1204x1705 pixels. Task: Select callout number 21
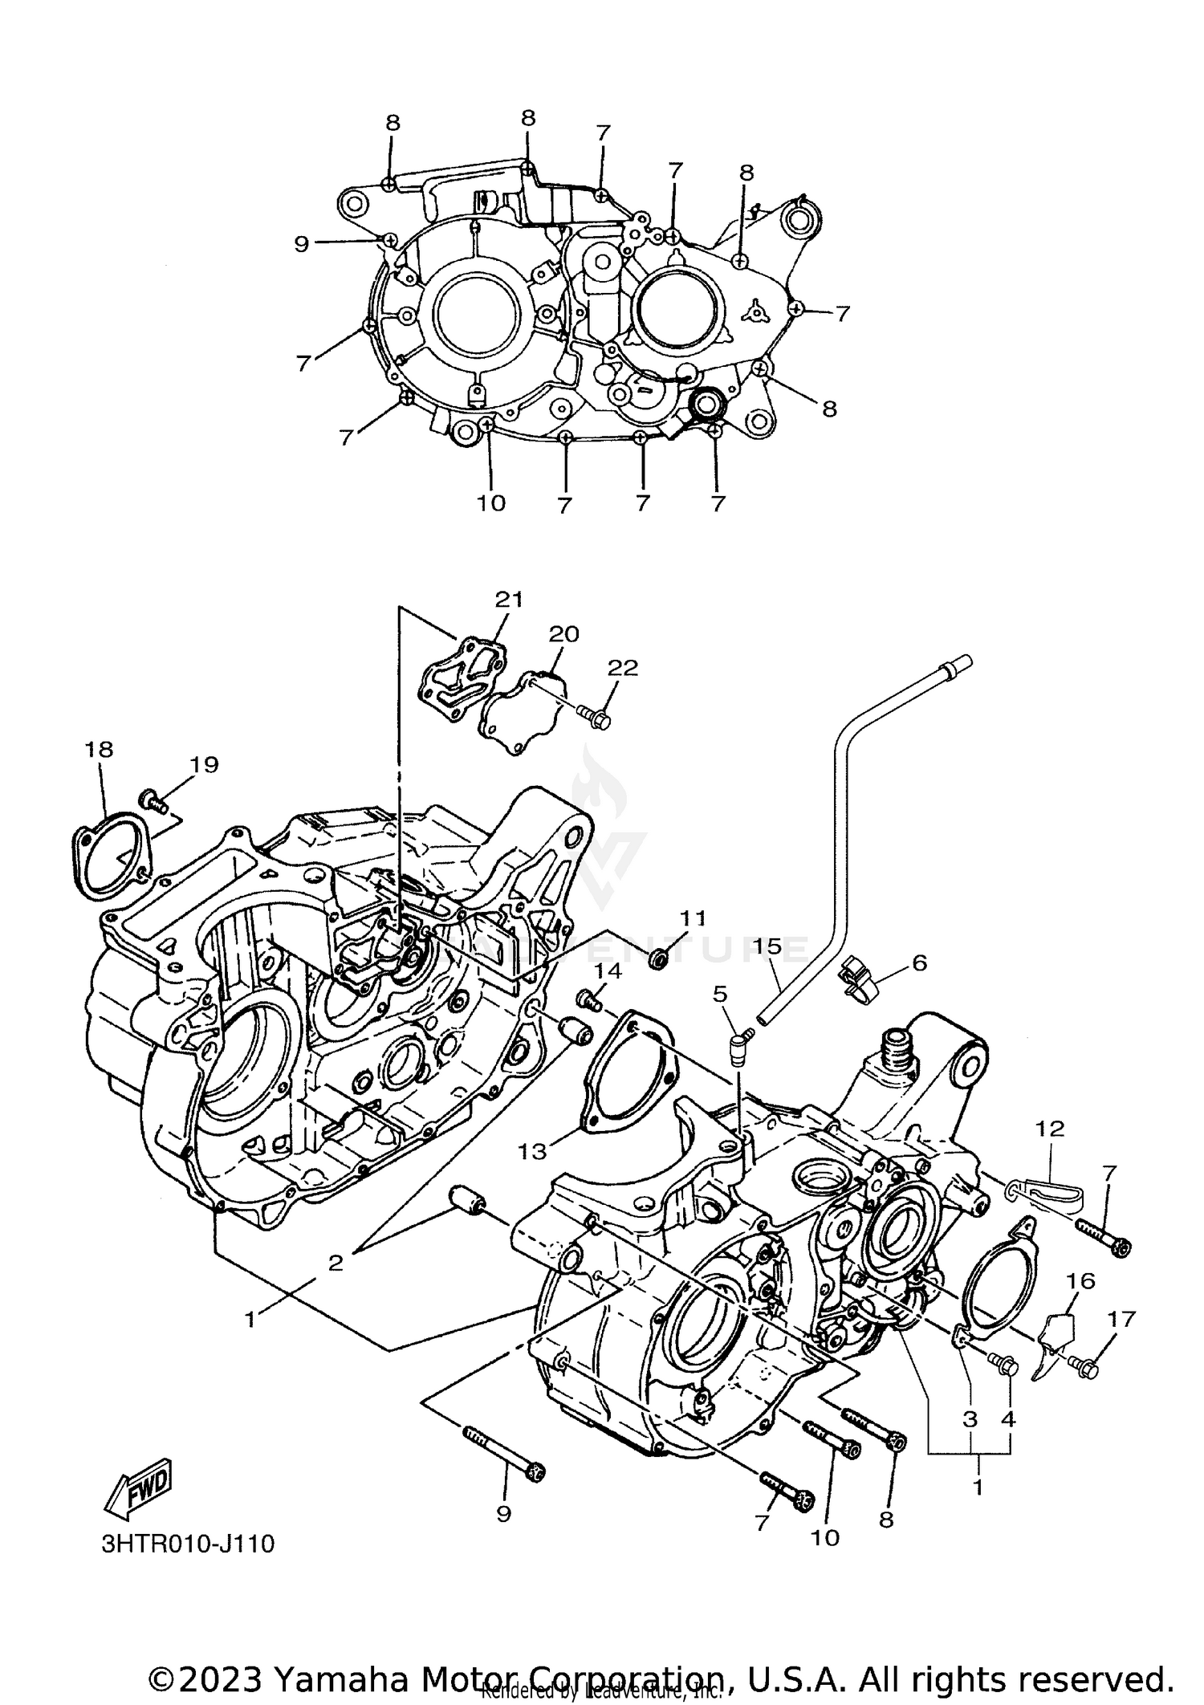coord(508,600)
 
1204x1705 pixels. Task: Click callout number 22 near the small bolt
coord(622,668)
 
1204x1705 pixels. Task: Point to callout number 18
coord(99,749)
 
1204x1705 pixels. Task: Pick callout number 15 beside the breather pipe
coord(767,946)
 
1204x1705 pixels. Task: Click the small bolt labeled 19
coord(151,799)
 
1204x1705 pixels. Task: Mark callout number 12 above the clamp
coord(1049,1129)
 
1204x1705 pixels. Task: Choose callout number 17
coord(1121,1317)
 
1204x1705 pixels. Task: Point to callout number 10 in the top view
coord(491,503)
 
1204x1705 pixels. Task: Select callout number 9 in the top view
coord(302,243)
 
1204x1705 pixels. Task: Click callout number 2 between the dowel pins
coord(336,1263)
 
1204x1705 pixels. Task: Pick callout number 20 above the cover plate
coord(563,633)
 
